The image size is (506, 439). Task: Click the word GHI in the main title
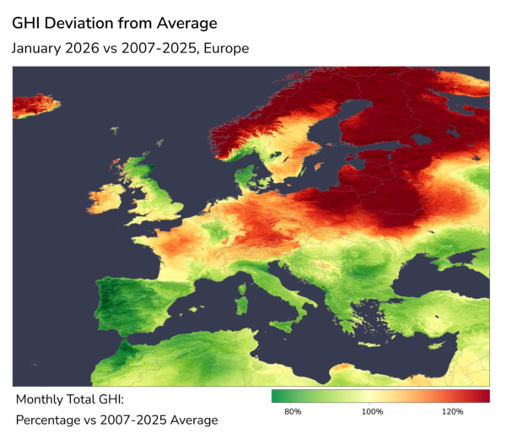pyautogui.click(x=26, y=23)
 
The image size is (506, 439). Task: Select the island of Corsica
pyautogui.click(x=242, y=290)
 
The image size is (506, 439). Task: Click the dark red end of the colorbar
pyautogui.click(x=485, y=396)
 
